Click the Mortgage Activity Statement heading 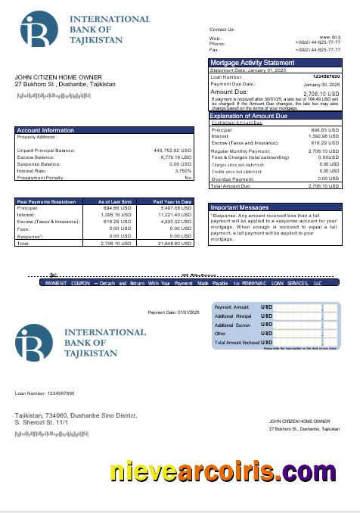coord(252,63)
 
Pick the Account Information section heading coord(45,130)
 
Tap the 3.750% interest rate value coord(183,170)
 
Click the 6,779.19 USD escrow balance coord(176,157)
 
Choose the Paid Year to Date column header coord(172,202)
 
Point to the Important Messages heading coord(240,207)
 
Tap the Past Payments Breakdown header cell coord(46,202)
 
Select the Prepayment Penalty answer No coord(188,177)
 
